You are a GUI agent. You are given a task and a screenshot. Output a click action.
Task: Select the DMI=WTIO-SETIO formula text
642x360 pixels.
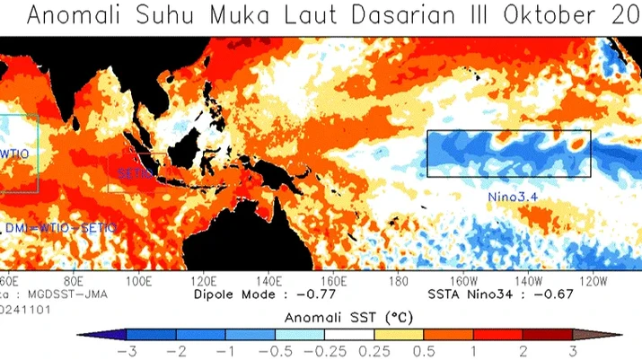tap(61, 229)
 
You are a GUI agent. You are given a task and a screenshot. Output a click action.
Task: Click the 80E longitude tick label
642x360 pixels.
tap(79, 279)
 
